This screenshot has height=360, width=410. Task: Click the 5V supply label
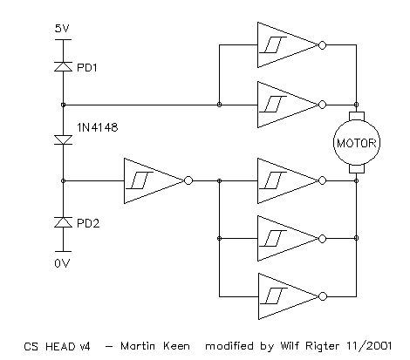pyautogui.click(x=62, y=29)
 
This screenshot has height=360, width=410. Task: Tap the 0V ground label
pyautogui.click(x=62, y=263)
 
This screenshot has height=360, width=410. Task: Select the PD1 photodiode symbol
pyautogui.click(x=63, y=66)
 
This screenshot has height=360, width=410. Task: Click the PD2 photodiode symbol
pyautogui.click(x=63, y=222)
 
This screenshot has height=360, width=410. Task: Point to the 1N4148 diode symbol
pyautogui.click(x=63, y=140)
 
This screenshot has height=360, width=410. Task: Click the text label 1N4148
pyautogui.click(x=98, y=127)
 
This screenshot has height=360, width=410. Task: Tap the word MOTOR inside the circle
pyautogui.click(x=357, y=143)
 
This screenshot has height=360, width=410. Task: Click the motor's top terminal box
pyautogui.click(x=357, y=116)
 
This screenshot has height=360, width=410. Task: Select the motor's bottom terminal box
pyautogui.click(x=357, y=169)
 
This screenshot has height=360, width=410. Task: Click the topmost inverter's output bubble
pyautogui.click(x=322, y=45)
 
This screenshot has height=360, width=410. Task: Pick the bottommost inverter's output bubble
pyautogui.click(x=323, y=296)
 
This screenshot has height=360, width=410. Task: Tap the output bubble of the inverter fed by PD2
pyautogui.click(x=188, y=180)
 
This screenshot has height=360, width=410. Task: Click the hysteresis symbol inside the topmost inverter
pyautogui.click(x=273, y=45)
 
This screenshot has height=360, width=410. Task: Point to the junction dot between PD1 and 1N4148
pyautogui.click(x=63, y=105)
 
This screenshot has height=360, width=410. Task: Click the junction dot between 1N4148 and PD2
pyautogui.click(x=63, y=180)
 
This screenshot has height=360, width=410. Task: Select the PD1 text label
pyautogui.click(x=87, y=68)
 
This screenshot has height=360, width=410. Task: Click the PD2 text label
pyautogui.click(x=88, y=223)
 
